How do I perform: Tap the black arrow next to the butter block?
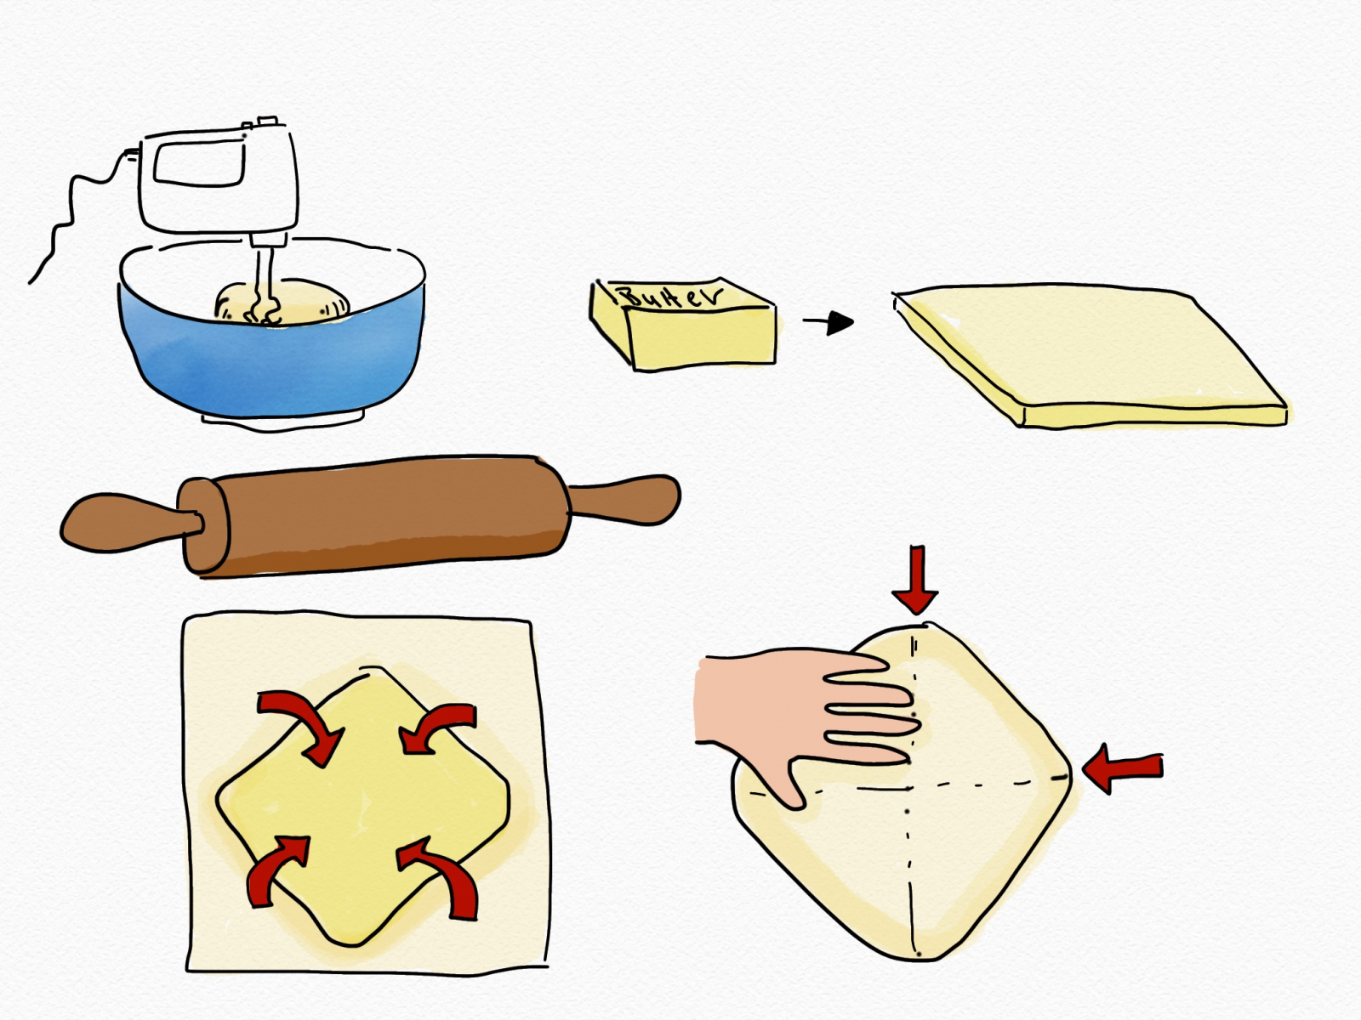point(829,322)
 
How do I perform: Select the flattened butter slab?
point(1090,354)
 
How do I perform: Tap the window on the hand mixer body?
point(198,162)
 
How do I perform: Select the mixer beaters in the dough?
point(263,285)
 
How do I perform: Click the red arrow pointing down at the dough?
point(916,579)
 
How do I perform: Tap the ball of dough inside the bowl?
point(282,303)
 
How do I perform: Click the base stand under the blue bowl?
point(282,422)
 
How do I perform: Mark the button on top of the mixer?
point(267,120)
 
